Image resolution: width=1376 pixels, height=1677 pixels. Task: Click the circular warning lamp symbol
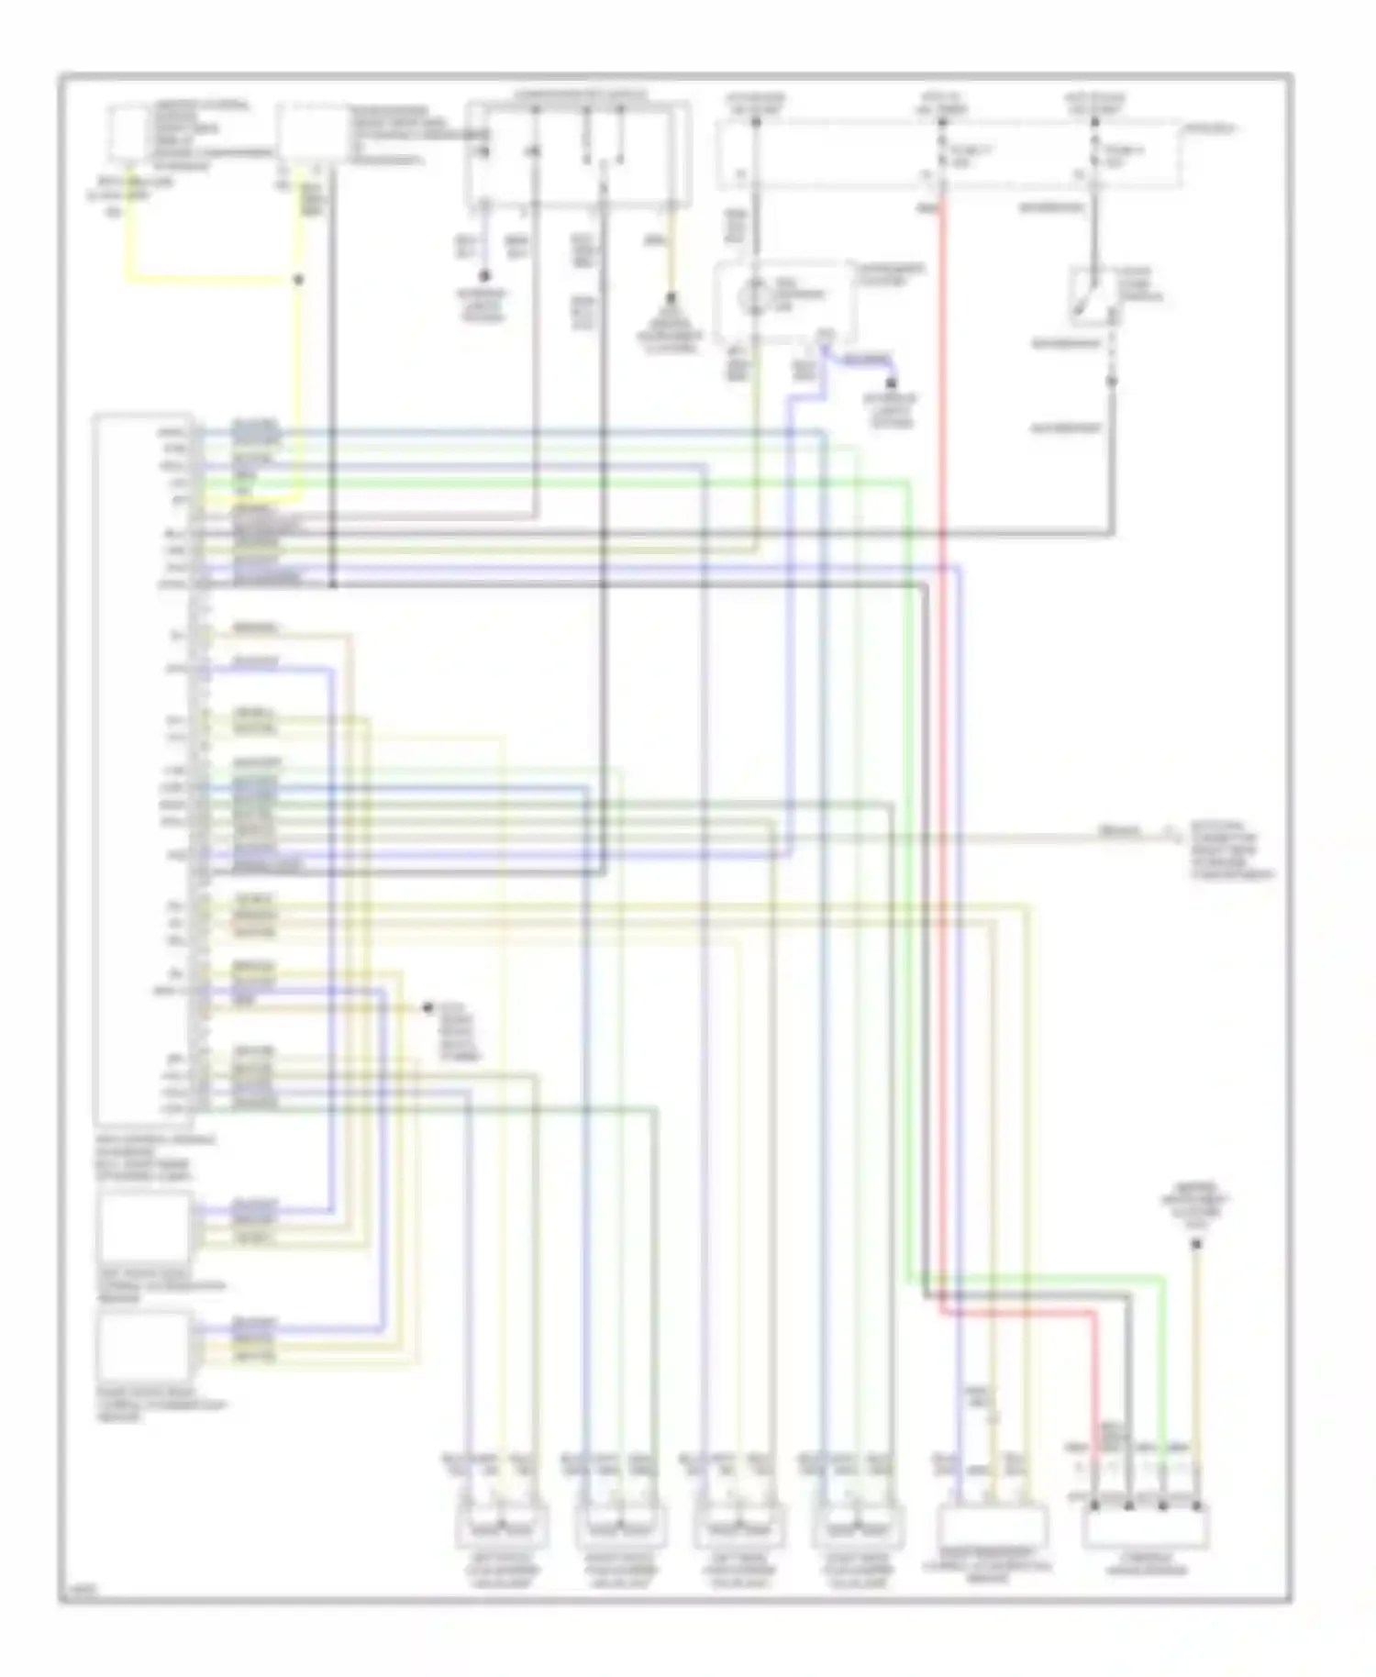[754, 295]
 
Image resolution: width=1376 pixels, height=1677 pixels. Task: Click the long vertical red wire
[941, 734]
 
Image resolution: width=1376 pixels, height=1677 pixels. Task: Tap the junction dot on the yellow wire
[298, 278]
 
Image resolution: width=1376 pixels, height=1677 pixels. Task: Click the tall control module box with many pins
[143, 771]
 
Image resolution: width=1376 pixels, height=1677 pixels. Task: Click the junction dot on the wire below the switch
[1111, 381]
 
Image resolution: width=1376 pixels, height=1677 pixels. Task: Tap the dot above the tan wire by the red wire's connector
[1195, 1245]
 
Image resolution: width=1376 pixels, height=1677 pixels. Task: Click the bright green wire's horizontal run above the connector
[1037, 1275]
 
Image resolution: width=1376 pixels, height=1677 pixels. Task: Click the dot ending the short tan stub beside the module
[427, 1008]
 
